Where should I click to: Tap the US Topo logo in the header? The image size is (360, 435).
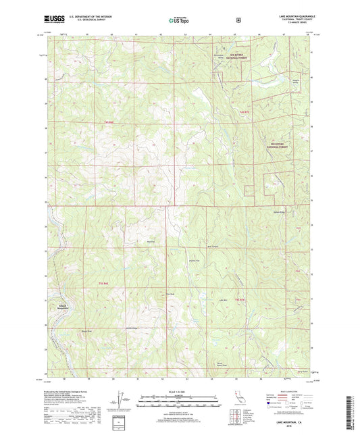[180, 20]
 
